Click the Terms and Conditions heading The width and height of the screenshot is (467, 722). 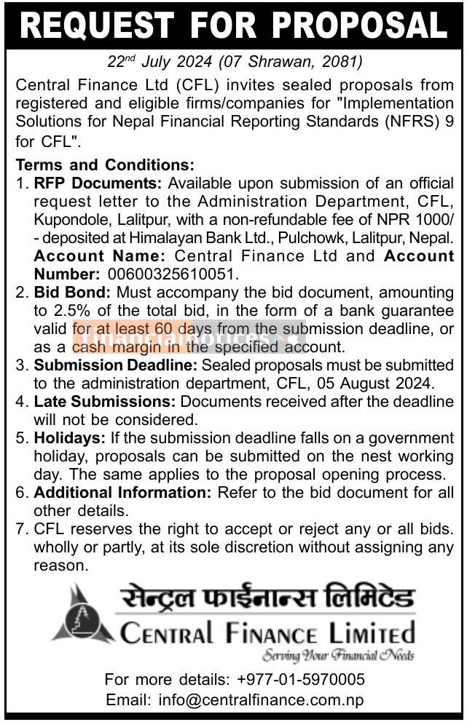point(105,164)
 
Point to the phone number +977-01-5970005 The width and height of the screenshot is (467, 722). point(301,680)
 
